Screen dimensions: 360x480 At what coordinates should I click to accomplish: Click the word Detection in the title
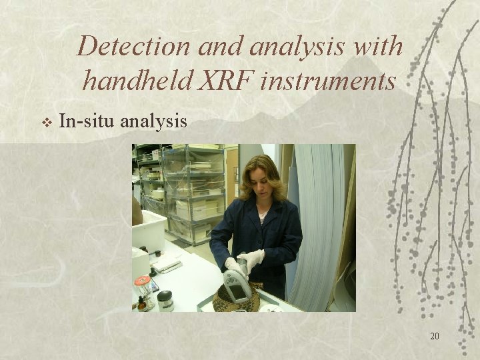pos(133,47)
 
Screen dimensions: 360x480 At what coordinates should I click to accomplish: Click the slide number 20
pos(434,336)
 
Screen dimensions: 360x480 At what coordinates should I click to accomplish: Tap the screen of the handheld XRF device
pos(238,290)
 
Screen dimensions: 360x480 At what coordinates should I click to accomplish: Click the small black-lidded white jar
pos(165,301)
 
